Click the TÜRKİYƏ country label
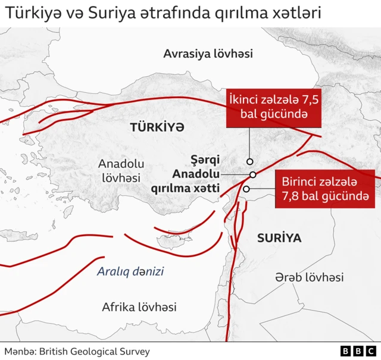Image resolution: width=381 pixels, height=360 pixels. click(x=157, y=127)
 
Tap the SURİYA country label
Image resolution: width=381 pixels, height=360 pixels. click(x=279, y=238)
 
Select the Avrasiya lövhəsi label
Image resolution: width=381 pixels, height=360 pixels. click(x=208, y=54)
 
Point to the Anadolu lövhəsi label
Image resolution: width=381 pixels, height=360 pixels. click(x=121, y=170)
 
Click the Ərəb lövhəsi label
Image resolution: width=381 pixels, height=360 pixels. click(x=309, y=277)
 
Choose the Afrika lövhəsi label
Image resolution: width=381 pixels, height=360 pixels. click(x=139, y=307)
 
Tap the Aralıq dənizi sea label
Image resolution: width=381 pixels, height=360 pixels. click(x=130, y=272)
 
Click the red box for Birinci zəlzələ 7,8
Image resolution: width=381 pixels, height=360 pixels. click(x=324, y=189)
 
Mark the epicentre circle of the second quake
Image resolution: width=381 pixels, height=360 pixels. click(x=249, y=161)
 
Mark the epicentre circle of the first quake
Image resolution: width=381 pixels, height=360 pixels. click(x=246, y=189)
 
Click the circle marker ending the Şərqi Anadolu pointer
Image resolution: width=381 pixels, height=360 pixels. click(x=253, y=174)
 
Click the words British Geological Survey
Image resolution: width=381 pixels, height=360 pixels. click(x=95, y=351)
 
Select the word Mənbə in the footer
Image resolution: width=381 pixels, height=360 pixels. click(x=20, y=351)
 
